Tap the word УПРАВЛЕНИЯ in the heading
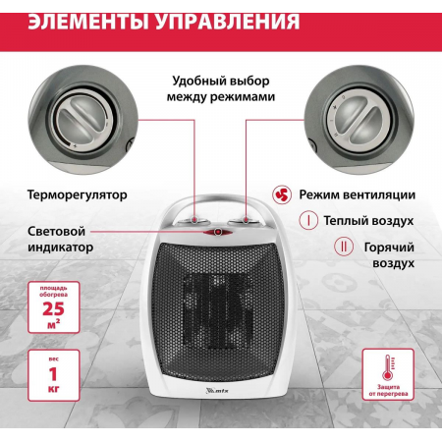[x=235, y=22]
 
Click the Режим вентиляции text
[x=357, y=195]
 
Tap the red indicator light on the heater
[x=215, y=233]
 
